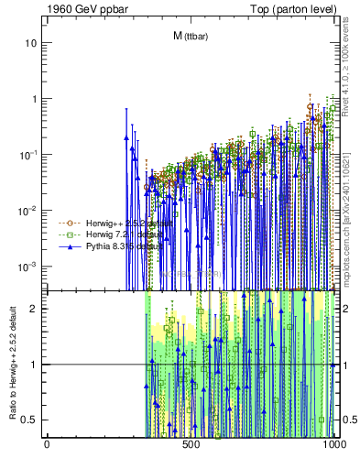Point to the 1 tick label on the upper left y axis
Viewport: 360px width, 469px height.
coord(35,99)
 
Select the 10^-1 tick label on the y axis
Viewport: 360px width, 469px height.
coord(29,155)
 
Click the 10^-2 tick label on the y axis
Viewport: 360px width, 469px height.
coord(29,211)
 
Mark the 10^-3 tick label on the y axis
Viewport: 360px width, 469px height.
coord(29,267)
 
